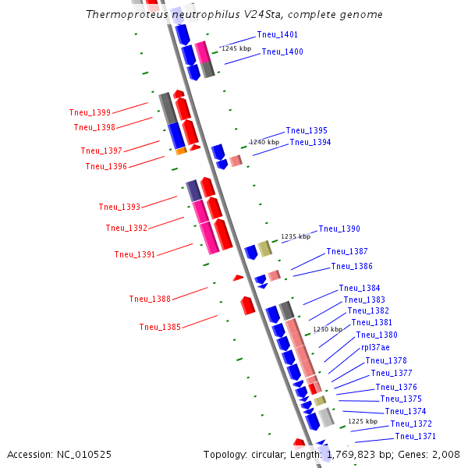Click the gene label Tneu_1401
pos(277,35)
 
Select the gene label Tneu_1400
pos(282,51)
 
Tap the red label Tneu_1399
pos(90,112)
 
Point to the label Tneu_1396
pos(106,166)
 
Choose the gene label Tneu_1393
pos(119,207)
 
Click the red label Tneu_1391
pos(135,254)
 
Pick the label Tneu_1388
pos(150,299)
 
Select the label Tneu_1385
pos(160,327)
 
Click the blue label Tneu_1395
pos(307,130)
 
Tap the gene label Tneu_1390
pos(339,229)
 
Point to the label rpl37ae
pos(375,347)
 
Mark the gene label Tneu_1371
pos(415,436)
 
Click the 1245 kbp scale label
pos(236,48)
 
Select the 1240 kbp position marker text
pos(264,142)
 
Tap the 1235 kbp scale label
pos(296,236)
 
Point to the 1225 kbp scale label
pos(363,421)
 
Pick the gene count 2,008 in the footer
pos(445,454)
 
